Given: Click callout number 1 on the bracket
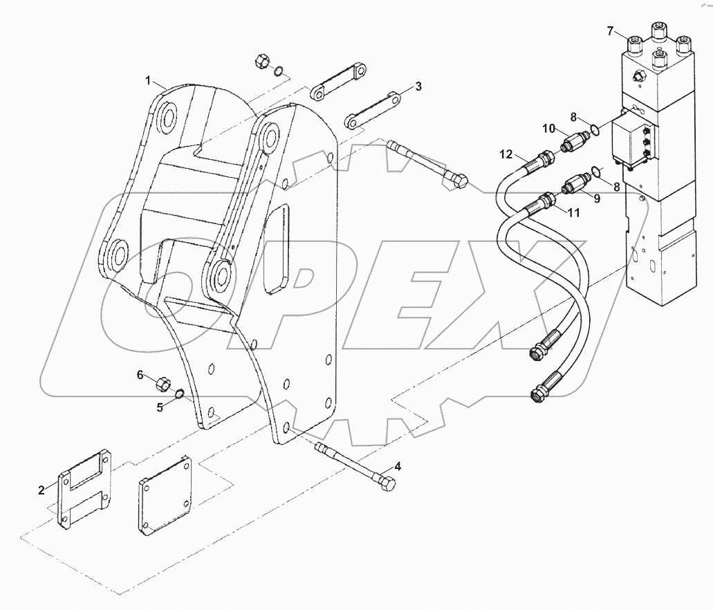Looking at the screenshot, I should [x=147, y=81].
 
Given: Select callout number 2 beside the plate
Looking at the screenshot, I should [x=41, y=490].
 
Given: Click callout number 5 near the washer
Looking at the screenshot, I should [x=160, y=407].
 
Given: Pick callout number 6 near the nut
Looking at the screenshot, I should [x=140, y=375].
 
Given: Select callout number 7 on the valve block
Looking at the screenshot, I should [x=610, y=30].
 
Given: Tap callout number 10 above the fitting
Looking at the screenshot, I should [x=548, y=128].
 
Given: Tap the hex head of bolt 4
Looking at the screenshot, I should [x=389, y=483].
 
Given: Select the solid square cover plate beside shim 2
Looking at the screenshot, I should [x=165, y=495].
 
